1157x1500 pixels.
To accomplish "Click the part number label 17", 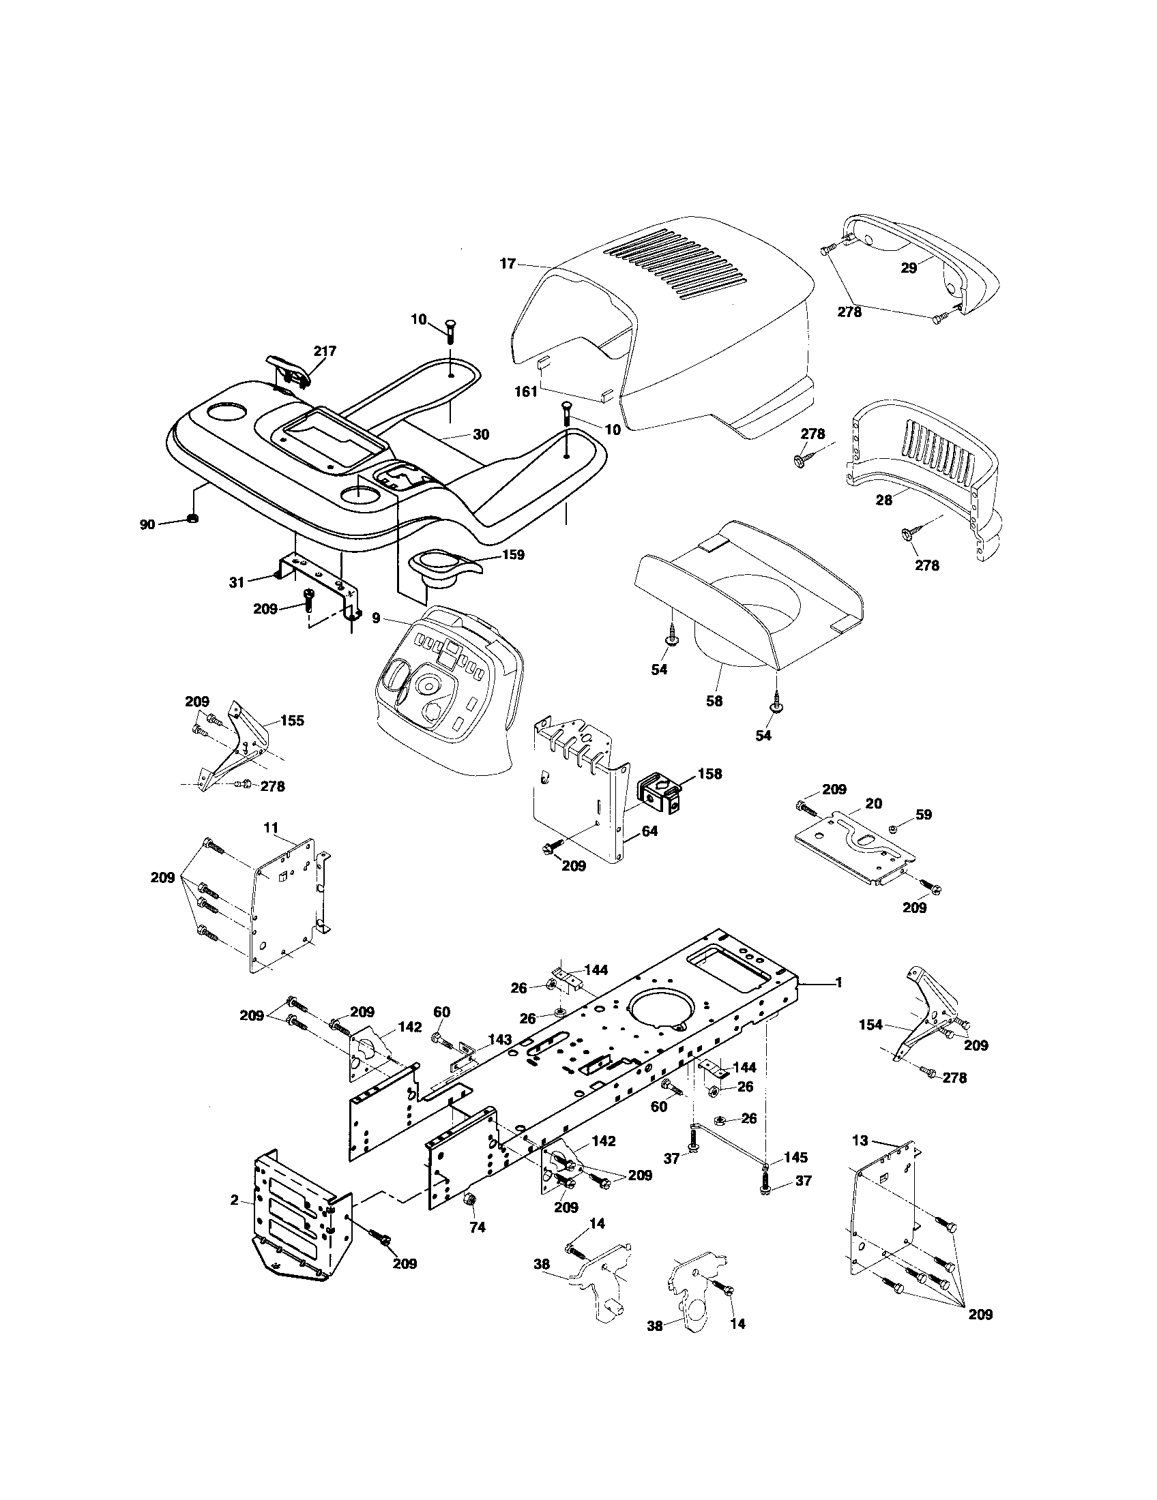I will click(508, 263).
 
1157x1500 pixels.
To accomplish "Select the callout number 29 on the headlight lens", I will click(908, 268).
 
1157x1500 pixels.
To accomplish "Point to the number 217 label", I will click(324, 351).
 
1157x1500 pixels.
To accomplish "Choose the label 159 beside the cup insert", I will click(512, 554).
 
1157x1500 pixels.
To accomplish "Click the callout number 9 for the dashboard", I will click(376, 618).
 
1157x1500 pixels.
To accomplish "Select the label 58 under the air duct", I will click(714, 702).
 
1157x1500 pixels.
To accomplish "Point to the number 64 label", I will click(649, 831).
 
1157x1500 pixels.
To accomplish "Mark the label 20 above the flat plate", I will click(874, 803).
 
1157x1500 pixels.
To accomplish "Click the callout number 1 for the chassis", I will click(838, 982).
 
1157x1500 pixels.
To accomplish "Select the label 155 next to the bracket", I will click(292, 721).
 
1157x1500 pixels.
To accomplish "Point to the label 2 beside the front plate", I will click(234, 1200).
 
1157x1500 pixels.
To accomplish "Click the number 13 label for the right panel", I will click(860, 1141).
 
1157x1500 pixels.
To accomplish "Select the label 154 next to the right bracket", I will click(870, 1044).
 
